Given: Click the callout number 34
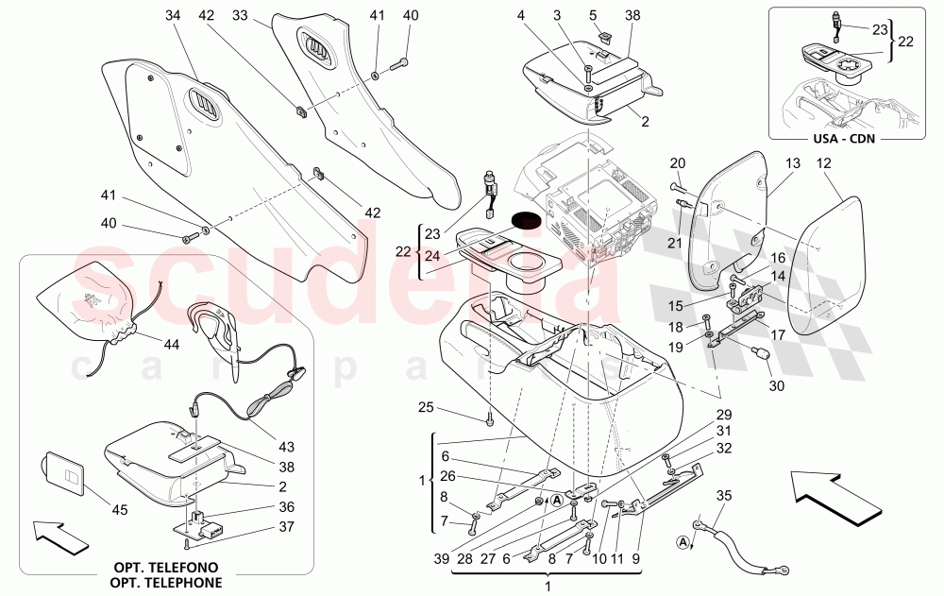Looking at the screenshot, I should [171, 16].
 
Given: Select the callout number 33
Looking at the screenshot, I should [240, 16].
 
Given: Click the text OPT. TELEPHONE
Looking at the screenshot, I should [167, 582].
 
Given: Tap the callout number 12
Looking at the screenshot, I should [823, 164].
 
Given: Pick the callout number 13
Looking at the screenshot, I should [791, 164].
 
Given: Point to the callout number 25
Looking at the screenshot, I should [427, 407].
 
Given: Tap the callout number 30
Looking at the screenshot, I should [776, 386].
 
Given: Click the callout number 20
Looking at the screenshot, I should [677, 163].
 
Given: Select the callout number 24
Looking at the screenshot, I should [433, 256].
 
